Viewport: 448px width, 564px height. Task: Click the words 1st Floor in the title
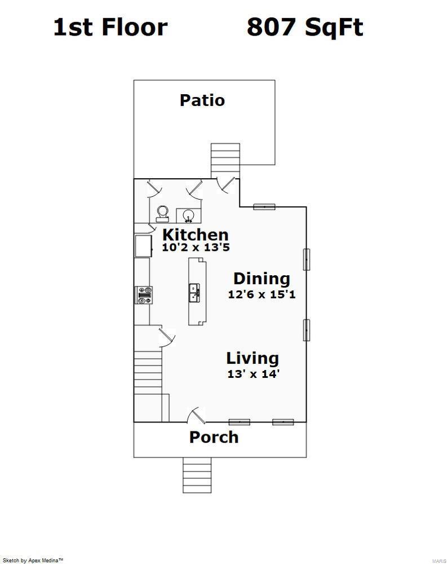tap(110, 27)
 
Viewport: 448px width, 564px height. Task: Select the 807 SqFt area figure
tap(304, 27)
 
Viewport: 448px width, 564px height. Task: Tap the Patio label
tap(202, 100)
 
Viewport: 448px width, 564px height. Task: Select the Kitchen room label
tap(196, 235)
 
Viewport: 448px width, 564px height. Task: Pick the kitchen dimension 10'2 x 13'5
tap(196, 248)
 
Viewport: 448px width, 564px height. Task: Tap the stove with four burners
tap(144, 295)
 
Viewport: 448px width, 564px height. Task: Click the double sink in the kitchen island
tap(194, 293)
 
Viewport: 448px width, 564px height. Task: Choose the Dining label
tap(261, 279)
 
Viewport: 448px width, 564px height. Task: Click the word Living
tap(252, 358)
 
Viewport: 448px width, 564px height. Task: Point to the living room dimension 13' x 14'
tap(253, 373)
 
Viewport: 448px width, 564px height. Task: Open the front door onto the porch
tap(196, 416)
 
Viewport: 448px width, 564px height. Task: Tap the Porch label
tap(214, 437)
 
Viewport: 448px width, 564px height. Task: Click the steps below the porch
tap(197, 475)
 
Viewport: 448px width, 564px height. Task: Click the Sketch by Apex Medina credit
tap(33, 560)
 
